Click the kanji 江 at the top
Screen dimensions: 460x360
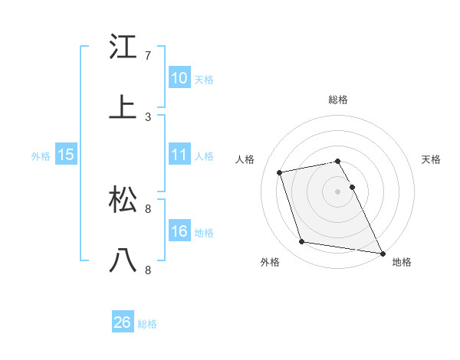(x=123, y=47)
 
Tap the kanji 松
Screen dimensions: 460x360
(x=123, y=200)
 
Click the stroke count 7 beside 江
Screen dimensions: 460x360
(x=148, y=56)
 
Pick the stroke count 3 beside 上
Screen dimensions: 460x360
(x=148, y=116)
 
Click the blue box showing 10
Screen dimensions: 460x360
(x=179, y=78)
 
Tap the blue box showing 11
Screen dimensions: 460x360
(x=179, y=155)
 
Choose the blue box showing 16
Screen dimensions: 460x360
(x=179, y=231)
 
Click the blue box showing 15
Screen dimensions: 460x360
(x=66, y=155)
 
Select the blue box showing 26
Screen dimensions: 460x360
(x=123, y=322)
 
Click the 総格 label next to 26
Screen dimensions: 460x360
(x=147, y=324)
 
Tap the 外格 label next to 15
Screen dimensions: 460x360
(x=41, y=156)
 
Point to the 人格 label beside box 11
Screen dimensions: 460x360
(x=204, y=156)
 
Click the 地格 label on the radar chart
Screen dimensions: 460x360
(x=402, y=262)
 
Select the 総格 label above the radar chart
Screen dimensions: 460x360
(x=338, y=100)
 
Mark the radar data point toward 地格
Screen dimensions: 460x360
(x=382, y=253)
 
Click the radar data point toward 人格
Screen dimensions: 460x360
(x=280, y=172)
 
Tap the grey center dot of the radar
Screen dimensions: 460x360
(x=338, y=191)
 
